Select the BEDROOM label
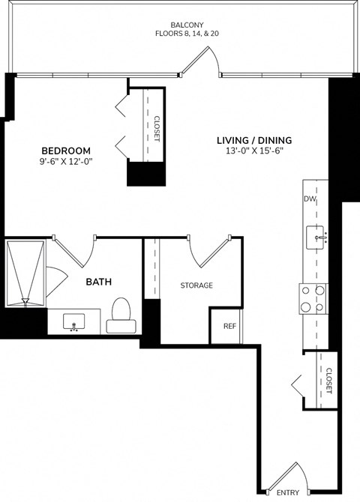[66, 149]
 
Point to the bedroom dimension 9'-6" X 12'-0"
[66, 160]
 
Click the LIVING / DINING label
[254, 140]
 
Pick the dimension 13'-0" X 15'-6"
[254, 151]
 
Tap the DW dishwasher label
[309, 199]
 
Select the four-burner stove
[313, 298]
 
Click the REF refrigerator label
[229, 326]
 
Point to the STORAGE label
[196, 285]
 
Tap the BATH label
[100, 282]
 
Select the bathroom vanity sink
[74, 322]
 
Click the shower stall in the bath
[25, 273]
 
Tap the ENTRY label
[288, 492]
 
